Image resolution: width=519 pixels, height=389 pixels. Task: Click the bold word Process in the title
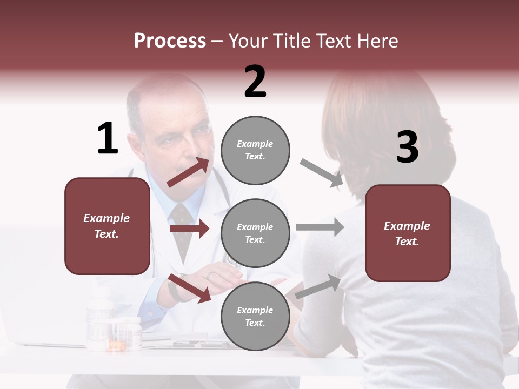tap(170, 41)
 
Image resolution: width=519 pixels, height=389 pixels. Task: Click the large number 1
tap(108, 138)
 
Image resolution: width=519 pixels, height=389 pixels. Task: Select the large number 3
tap(408, 147)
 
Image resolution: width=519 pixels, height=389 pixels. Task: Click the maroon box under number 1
tap(107, 226)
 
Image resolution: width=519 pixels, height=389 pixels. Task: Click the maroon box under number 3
tap(408, 233)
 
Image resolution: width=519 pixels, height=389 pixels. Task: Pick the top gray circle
tap(255, 150)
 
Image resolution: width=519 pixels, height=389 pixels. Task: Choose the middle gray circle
tap(255, 233)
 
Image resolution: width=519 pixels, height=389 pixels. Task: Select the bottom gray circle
tap(255, 316)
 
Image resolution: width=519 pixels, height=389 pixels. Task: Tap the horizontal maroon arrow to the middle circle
tap(189, 229)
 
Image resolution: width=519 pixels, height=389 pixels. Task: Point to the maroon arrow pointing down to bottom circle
tap(189, 288)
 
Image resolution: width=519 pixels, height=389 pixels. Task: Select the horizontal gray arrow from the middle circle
tap(320, 227)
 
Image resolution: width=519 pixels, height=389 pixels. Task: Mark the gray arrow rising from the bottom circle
tap(318, 287)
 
